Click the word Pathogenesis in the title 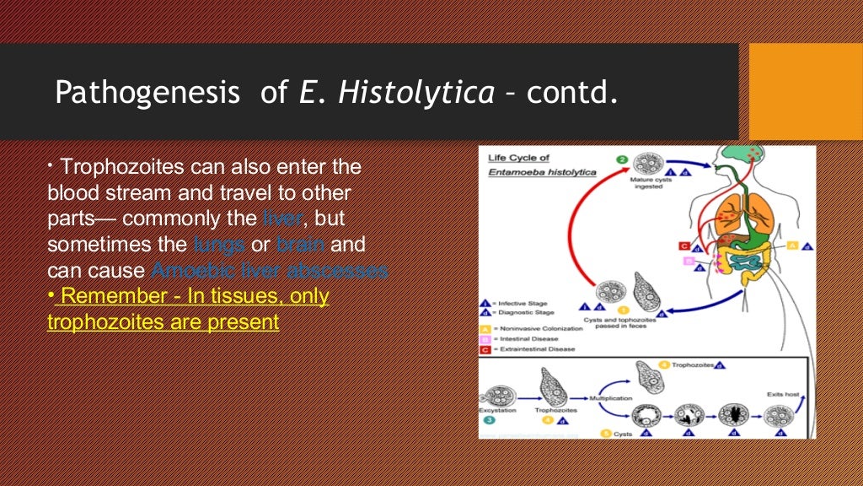point(147,92)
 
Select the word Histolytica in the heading point(416,92)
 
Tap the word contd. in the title point(572,92)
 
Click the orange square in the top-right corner point(805,91)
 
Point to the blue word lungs point(218,245)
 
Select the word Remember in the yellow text point(114,296)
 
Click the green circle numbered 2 point(621,159)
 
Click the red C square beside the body point(684,246)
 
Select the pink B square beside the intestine point(689,262)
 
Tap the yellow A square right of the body point(792,246)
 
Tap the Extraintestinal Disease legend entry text point(536,348)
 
